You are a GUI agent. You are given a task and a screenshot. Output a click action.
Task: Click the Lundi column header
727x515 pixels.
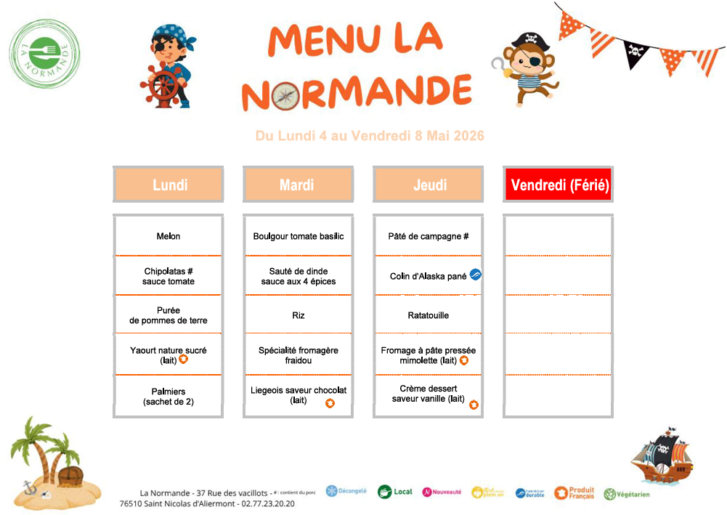pyautogui.click(x=168, y=184)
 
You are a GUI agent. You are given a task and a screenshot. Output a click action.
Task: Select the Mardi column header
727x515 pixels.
pyautogui.click(x=298, y=184)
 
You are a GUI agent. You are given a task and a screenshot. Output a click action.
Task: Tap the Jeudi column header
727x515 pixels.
pyautogui.click(x=429, y=184)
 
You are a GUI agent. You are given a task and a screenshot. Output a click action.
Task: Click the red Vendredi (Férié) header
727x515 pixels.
pyautogui.click(x=559, y=184)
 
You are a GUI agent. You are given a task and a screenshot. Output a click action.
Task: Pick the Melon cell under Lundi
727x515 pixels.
pyautogui.click(x=168, y=236)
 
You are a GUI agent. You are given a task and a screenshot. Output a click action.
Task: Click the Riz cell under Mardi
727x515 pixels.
pyautogui.click(x=298, y=315)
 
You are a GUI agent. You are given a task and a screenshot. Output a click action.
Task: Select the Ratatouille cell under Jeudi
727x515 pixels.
pyautogui.click(x=429, y=315)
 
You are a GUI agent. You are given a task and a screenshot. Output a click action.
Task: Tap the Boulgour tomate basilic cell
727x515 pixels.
pyautogui.click(x=298, y=236)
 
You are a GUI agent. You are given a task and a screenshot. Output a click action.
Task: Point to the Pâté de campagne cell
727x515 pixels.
pyautogui.click(x=429, y=236)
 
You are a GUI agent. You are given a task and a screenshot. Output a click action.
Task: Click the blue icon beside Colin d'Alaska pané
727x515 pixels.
pyautogui.click(x=476, y=275)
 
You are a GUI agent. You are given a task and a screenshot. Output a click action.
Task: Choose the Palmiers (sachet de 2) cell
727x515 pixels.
pyautogui.click(x=168, y=397)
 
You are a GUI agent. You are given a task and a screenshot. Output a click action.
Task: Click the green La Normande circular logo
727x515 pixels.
pyautogui.click(x=45, y=49)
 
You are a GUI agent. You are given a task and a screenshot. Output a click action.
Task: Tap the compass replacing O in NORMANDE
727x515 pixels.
pyautogui.click(x=285, y=94)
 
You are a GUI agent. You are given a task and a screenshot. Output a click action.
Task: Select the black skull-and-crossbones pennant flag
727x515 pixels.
pyautogui.click(x=635, y=53)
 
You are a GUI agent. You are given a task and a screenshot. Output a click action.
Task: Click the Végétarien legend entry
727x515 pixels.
pyautogui.click(x=626, y=494)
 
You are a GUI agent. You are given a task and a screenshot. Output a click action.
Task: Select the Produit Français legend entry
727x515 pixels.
pyautogui.click(x=574, y=493)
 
